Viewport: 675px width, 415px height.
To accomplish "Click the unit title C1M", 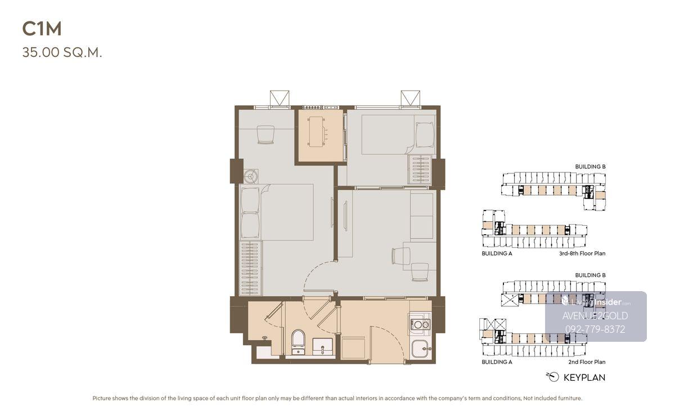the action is click(42, 29).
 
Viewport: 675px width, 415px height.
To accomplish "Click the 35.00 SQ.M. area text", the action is click(62, 52).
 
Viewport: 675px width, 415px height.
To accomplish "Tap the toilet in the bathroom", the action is click(298, 342).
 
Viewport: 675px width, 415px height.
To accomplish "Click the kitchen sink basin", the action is click(421, 349).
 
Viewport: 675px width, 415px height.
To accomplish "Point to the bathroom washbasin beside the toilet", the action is click(323, 347).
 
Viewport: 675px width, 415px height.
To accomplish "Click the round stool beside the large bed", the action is click(251, 176).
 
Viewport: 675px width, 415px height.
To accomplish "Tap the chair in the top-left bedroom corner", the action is click(265, 135).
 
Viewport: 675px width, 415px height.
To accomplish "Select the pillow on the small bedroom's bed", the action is click(425, 135).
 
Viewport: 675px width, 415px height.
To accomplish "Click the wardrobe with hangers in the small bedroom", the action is click(420, 169).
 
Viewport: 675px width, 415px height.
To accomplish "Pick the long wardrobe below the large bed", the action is click(251, 268).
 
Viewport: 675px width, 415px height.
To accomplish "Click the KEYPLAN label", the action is click(584, 378).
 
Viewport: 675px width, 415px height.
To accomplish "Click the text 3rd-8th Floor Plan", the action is click(582, 253).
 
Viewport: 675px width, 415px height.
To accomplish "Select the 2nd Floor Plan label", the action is click(587, 362).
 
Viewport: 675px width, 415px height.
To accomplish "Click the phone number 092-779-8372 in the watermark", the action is click(595, 329).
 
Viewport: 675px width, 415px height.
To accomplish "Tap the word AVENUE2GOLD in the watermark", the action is click(595, 316).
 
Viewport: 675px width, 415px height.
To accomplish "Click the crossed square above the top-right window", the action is click(411, 98).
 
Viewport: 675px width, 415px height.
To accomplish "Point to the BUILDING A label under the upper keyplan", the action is click(497, 253).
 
